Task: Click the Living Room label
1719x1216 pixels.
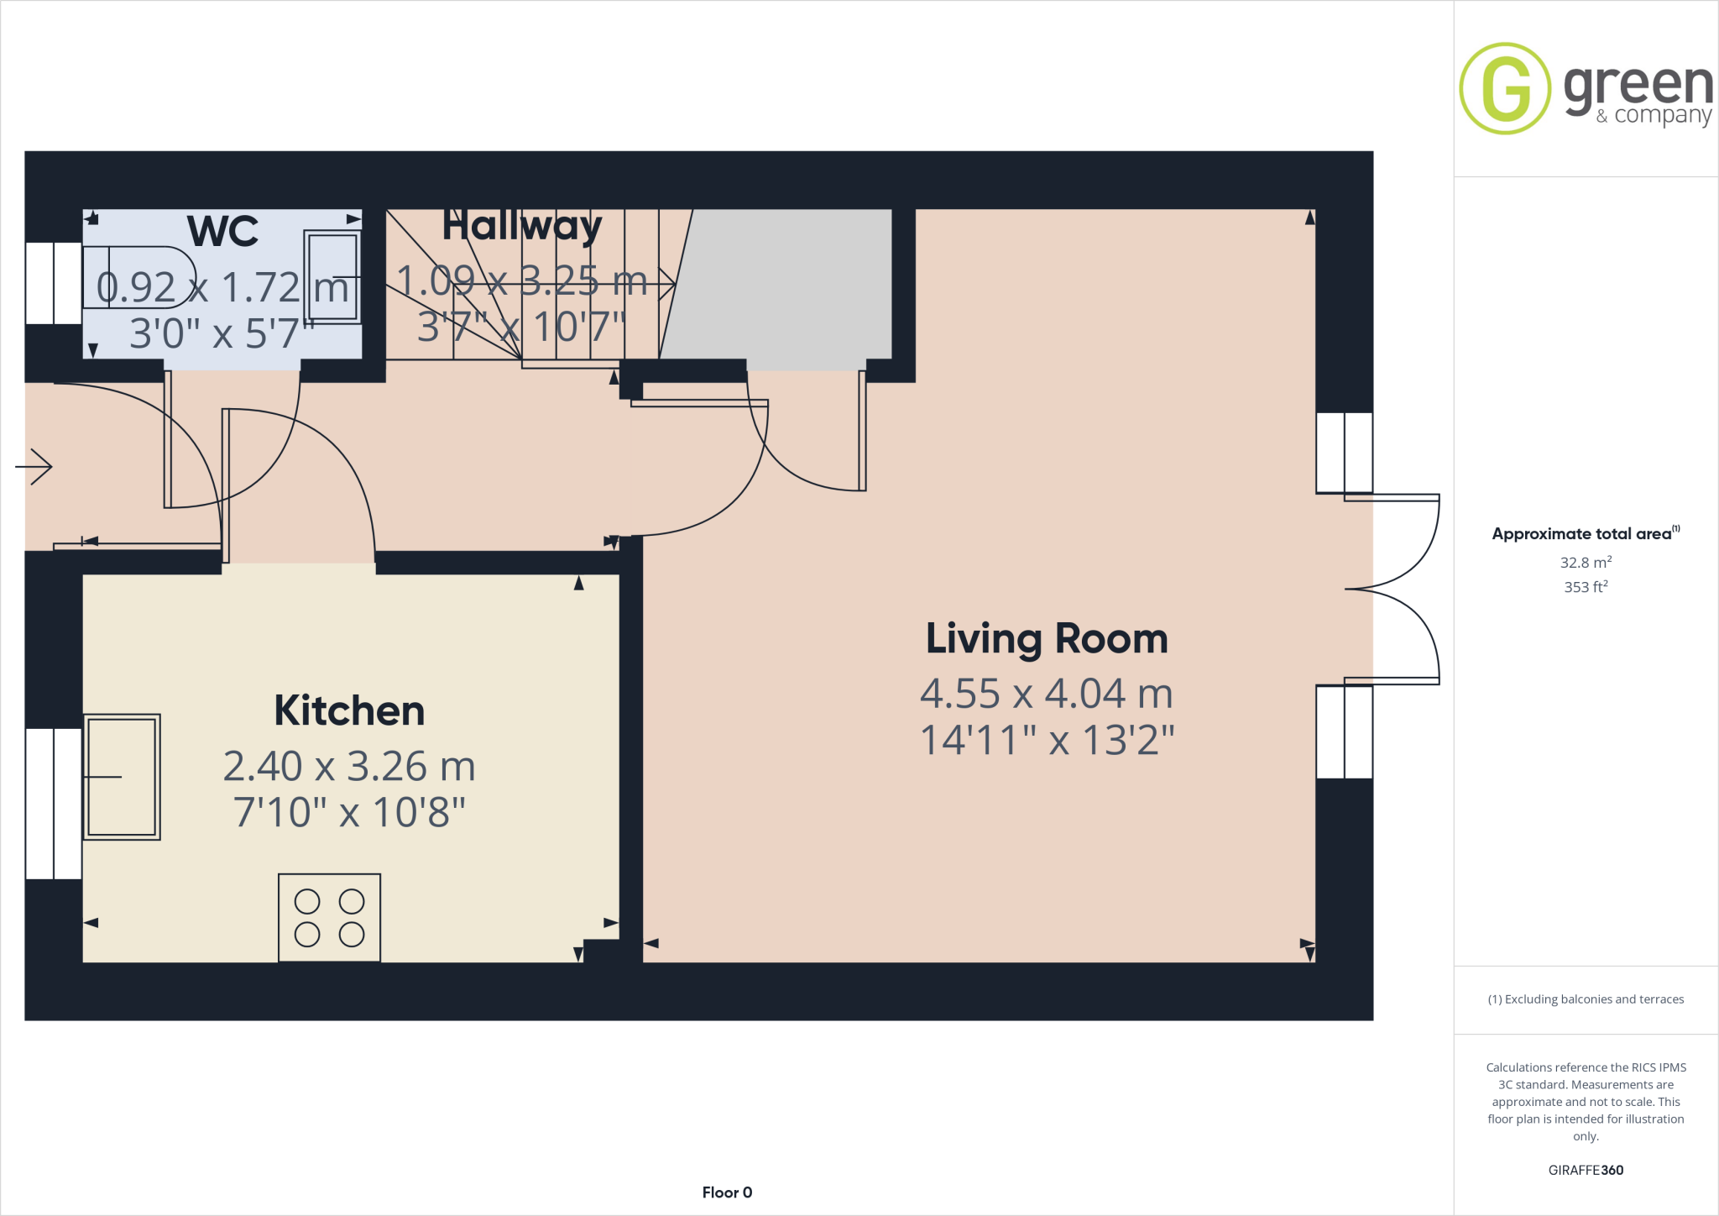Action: pyautogui.click(x=1047, y=639)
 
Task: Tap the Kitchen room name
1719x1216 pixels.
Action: pyautogui.click(x=349, y=711)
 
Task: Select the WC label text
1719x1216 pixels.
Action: pyautogui.click(x=222, y=231)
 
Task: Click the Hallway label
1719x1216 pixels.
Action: pyautogui.click(x=521, y=226)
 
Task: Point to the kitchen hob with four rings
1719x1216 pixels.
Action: pyautogui.click(x=329, y=917)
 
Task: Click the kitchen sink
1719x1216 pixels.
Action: pyautogui.click(x=122, y=777)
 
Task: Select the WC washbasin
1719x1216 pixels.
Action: pyautogui.click(x=333, y=276)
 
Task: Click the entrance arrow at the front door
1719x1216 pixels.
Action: pyautogui.click(x=34, y=466)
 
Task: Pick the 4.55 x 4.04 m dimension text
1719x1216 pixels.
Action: pyautogui.click(x=1047, y=694)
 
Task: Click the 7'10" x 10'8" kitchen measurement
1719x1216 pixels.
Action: pyautogui.click(x=349, y=812)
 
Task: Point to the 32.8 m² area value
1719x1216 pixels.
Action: pyautogui.click(x=1586, y=563)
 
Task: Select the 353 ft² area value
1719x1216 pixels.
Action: pyautogui.click(x=1586, y=587)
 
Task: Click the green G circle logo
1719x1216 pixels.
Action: pyautogui.click(x=1505, y=88)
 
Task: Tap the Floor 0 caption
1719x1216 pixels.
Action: pyautogui.click(x=727, y=1192)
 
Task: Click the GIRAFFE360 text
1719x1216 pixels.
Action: pyautogui.click(x=1586, y=1170)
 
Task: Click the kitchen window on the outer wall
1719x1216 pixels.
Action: pyautogui.click(x=54, y=804)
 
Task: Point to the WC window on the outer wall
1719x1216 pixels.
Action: pyautogui.click(x=54, y=283)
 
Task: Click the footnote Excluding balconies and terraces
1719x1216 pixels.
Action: pyautogui.click(x=1586, y=999)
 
